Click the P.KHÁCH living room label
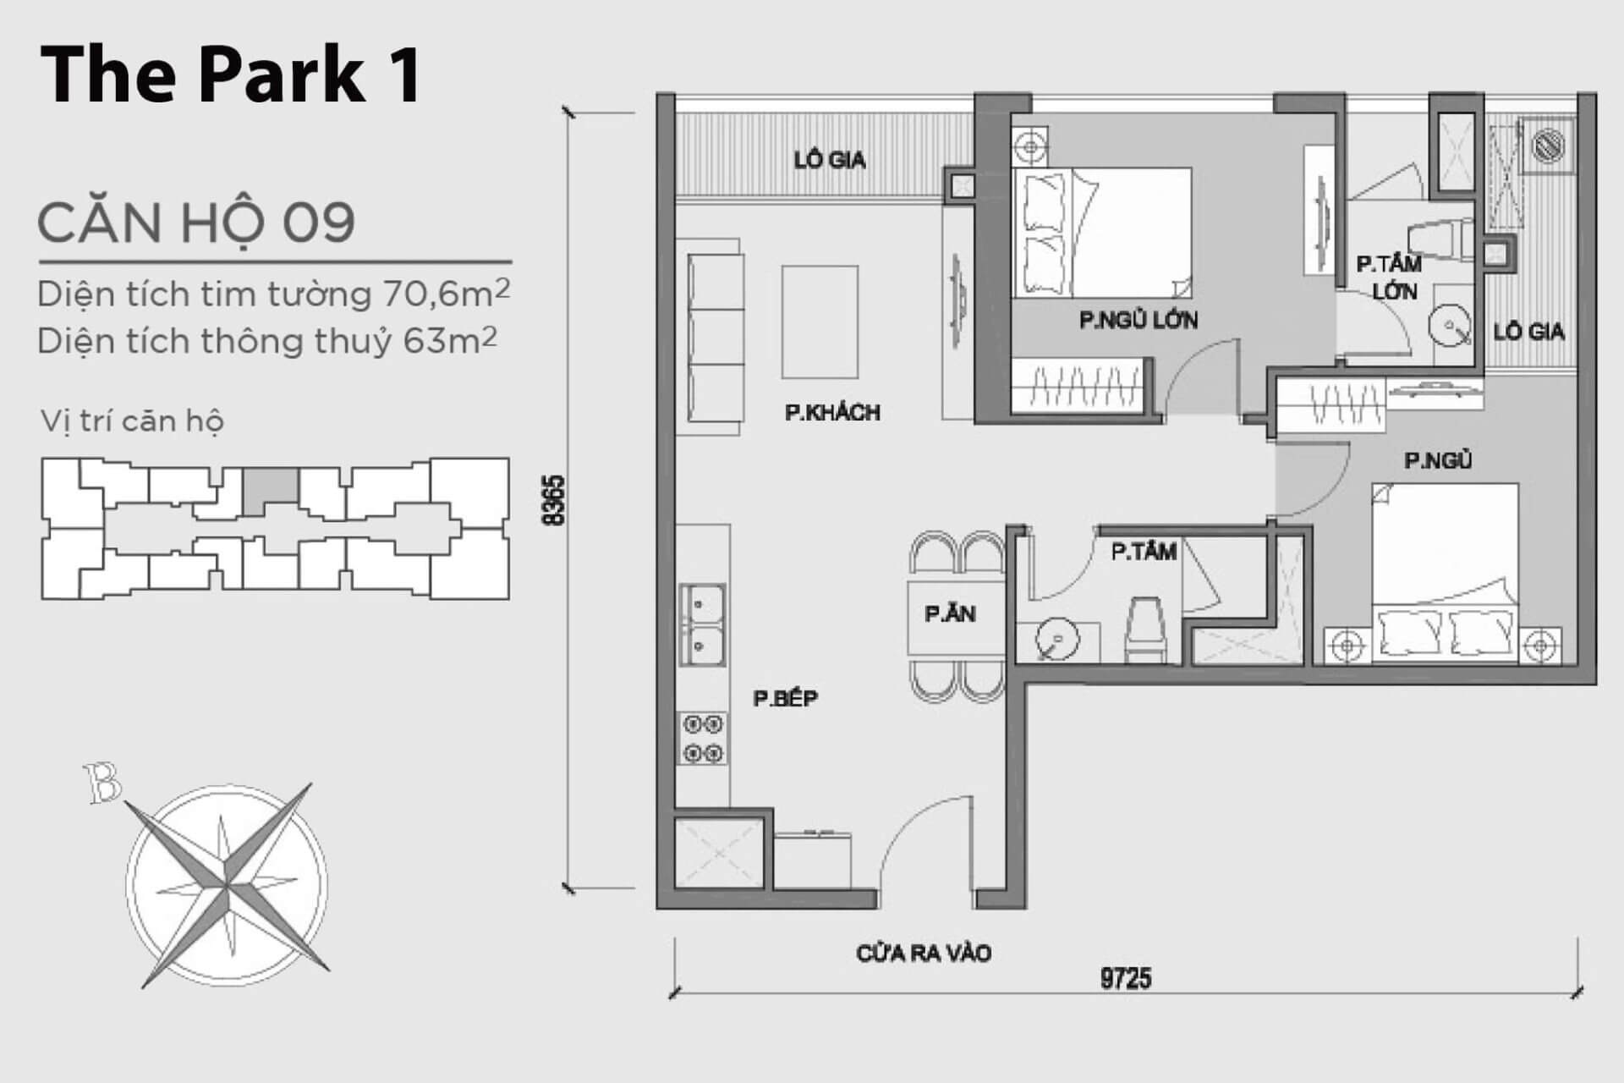(832, 412)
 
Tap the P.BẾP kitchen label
(786, 698)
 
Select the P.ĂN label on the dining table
(950, 613)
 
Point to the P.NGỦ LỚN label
(1138, 320)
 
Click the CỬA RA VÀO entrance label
(924, 954)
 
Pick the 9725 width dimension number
(1126, 979)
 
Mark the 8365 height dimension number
(554, 501)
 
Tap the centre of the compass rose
(227, 885)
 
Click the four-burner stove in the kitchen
(703, 739)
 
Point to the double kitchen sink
(702, 625)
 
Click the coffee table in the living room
(820, 322)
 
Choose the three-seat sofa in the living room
(716, 337)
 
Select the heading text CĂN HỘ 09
(196, 223)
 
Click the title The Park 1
(231, 74)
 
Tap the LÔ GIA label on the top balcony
(830, 160)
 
